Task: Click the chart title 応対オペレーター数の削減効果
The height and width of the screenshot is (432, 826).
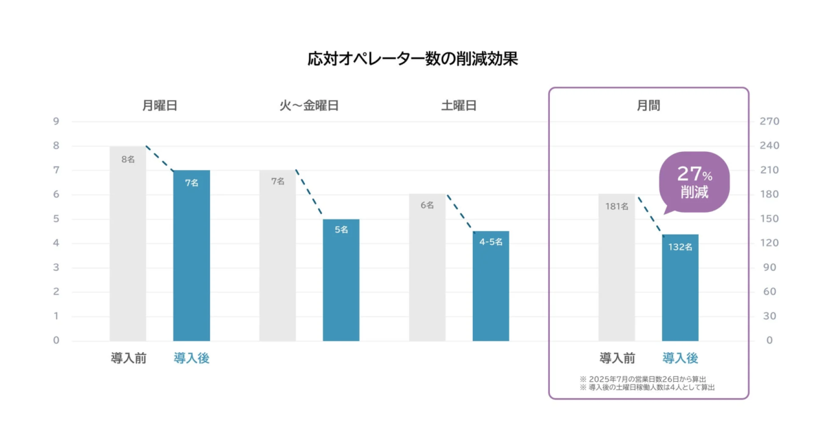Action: (x=412, y=58)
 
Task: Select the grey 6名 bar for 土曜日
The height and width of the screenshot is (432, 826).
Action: (x=427, y=268)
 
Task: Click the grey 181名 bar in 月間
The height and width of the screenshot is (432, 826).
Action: (x=617, y=268)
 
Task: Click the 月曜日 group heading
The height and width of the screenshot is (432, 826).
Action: (x=160, y=106)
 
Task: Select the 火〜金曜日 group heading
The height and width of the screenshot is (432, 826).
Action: (x=309, y=106)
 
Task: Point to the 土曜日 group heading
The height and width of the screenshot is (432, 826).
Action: (x=459, y=106)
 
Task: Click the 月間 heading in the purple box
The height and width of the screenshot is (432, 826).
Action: (x=648, y=106)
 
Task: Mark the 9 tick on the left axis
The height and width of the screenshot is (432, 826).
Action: (x=56, y=122)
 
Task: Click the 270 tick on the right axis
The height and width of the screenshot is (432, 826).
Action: (x=768, y=122)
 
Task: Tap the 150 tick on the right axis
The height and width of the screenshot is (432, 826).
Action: (x=768, y=219)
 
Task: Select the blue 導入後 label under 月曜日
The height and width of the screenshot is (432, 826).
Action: (x=191, y=358)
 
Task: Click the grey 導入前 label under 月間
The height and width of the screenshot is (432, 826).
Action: (x=617, y=358)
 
